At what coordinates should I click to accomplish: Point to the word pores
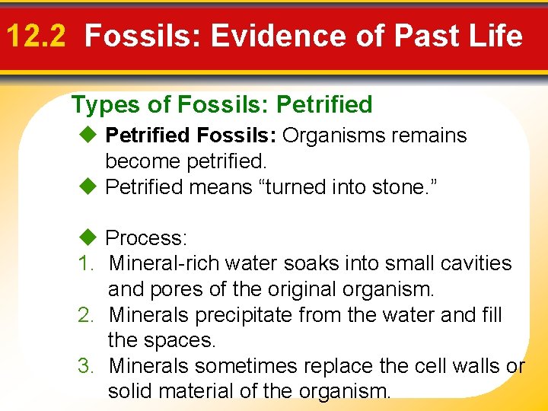[174, 290]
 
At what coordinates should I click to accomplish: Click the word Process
[146, 238]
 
